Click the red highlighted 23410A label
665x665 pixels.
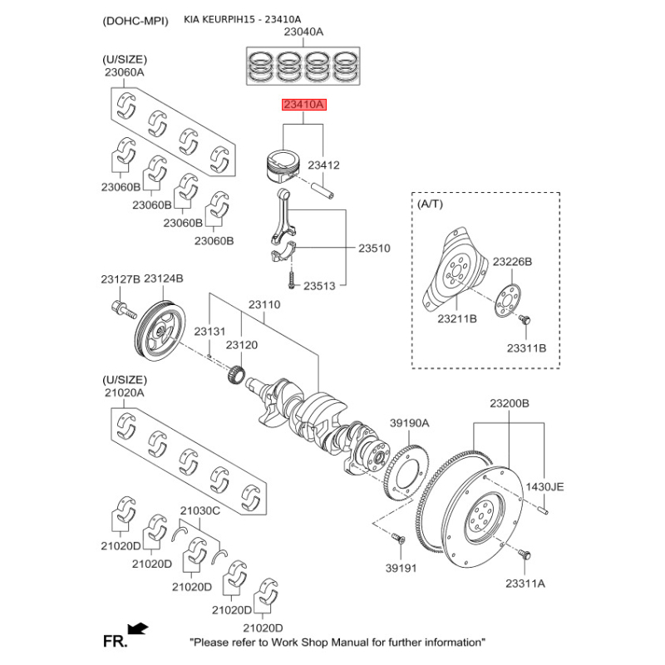click(x=305, y=106)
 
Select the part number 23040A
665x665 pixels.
click(x=303, y=32)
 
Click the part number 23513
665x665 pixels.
click(x=318, y=286)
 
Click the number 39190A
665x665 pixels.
click(x=410, y=423)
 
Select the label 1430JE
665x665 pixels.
click(x=545, y=486)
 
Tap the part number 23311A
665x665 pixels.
click(x=525, y=584)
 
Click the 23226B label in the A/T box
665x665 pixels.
click(x=512, y=261)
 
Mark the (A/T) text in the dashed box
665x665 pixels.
click(x=431, y=204)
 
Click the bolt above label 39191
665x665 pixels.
click(x=397, y=541)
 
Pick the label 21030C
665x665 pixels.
click(x=200, y=510)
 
